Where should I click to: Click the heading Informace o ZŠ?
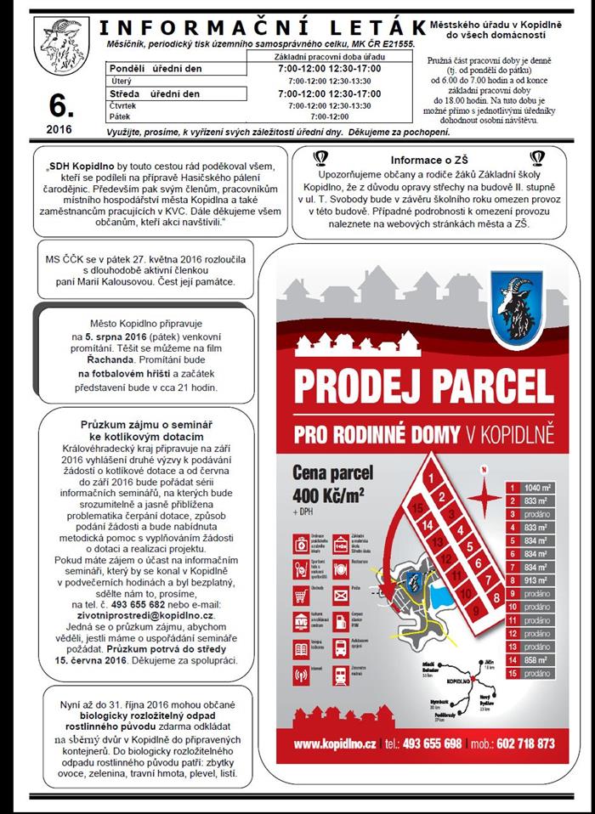429,160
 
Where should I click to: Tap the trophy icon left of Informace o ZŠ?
321,158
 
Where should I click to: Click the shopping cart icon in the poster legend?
299,596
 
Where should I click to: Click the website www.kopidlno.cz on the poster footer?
335,743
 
